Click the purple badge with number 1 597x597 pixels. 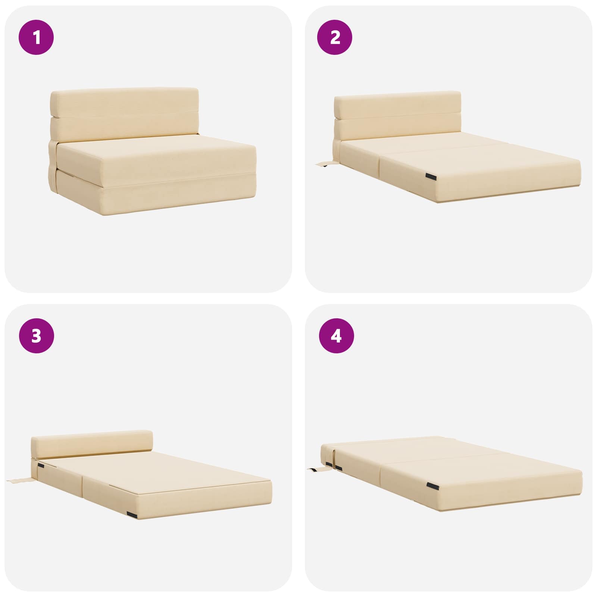[36, 37]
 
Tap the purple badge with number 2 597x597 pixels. [335, 37]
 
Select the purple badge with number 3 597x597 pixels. [36, 336]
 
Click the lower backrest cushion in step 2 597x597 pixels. [397, 129]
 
